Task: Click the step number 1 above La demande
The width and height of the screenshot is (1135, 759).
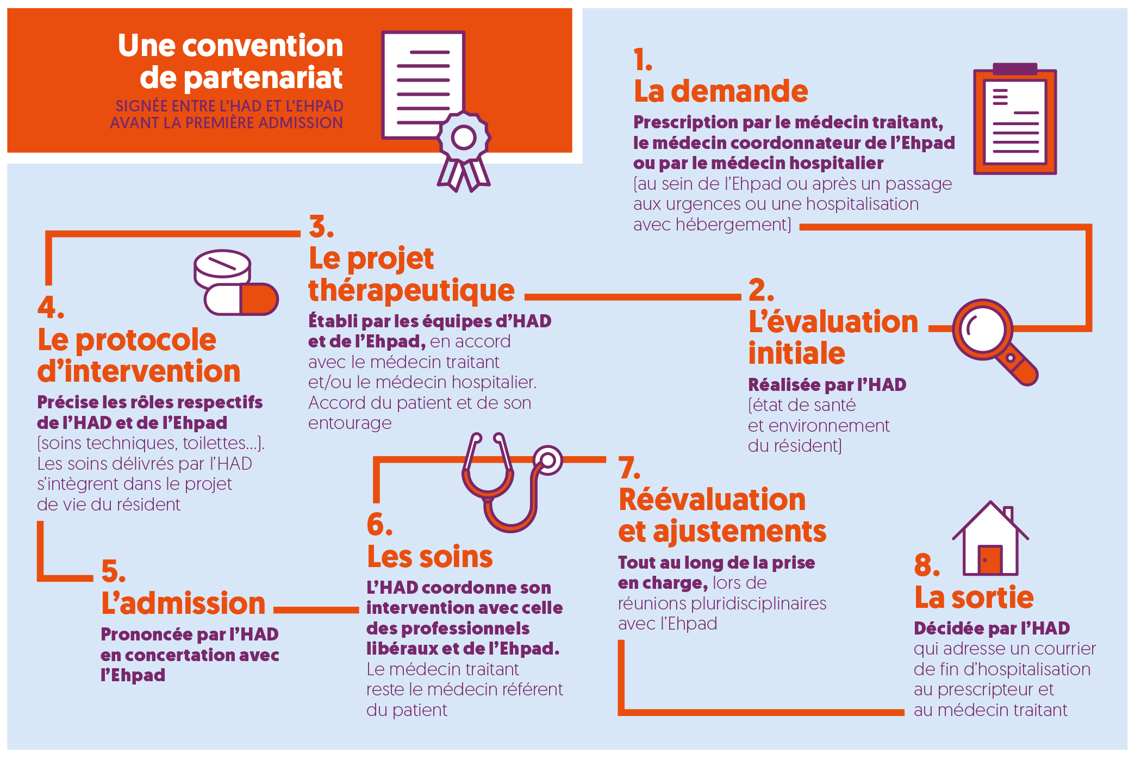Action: click(643, 60)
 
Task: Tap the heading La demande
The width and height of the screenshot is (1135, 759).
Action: click(721, 91)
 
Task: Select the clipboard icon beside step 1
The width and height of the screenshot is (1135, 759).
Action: click(1014, 121)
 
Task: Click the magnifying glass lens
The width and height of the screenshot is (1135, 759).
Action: click(982, 329)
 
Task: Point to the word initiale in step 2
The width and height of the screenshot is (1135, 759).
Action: click(796, 353)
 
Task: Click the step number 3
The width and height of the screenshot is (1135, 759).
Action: click(321, 227)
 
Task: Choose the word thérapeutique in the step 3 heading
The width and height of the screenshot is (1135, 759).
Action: click(411, 290)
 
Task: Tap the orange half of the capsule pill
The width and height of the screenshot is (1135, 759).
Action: click(259, 299)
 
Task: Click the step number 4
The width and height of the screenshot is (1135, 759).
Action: click(51, 308)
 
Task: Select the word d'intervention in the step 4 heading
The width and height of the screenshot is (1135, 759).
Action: click(139, 371)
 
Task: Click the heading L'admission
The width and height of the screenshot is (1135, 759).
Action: click(183, 604)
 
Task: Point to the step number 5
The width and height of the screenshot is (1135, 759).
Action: click(113, 571)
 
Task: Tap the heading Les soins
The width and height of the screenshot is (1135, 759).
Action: click(429, 557)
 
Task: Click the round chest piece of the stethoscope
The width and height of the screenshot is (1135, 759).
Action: click(548, 461)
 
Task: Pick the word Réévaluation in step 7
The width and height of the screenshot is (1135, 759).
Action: click(712, 500)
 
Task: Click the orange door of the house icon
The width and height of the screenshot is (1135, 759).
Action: click(989, 559)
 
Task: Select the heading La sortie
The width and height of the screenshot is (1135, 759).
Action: click(974, 598)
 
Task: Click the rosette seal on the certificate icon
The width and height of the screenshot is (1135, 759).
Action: click(464, 138)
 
